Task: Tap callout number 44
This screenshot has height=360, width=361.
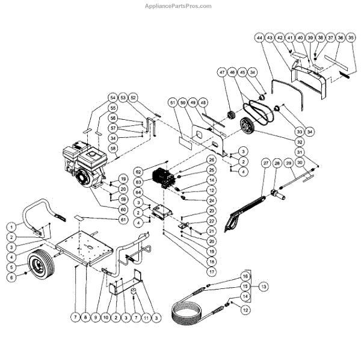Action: [259, 37]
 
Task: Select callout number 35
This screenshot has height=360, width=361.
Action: [352, 37]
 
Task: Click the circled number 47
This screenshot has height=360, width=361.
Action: [222, 72]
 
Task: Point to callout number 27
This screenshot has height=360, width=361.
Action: [265, 163]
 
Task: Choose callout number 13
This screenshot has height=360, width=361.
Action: [263, 287]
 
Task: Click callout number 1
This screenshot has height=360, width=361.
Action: [11, 227]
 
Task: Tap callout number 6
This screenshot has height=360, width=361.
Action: [11, 278]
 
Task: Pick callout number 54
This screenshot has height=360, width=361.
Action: [112, 98]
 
